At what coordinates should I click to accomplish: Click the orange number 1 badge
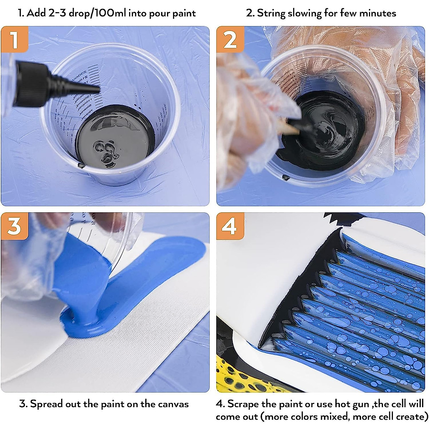click(14, 39)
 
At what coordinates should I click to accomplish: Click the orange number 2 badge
click(230, 39)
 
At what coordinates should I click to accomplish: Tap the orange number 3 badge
click(14, 226)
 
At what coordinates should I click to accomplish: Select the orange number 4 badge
click(230, 226)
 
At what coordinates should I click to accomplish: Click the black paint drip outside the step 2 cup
click(286, 177)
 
